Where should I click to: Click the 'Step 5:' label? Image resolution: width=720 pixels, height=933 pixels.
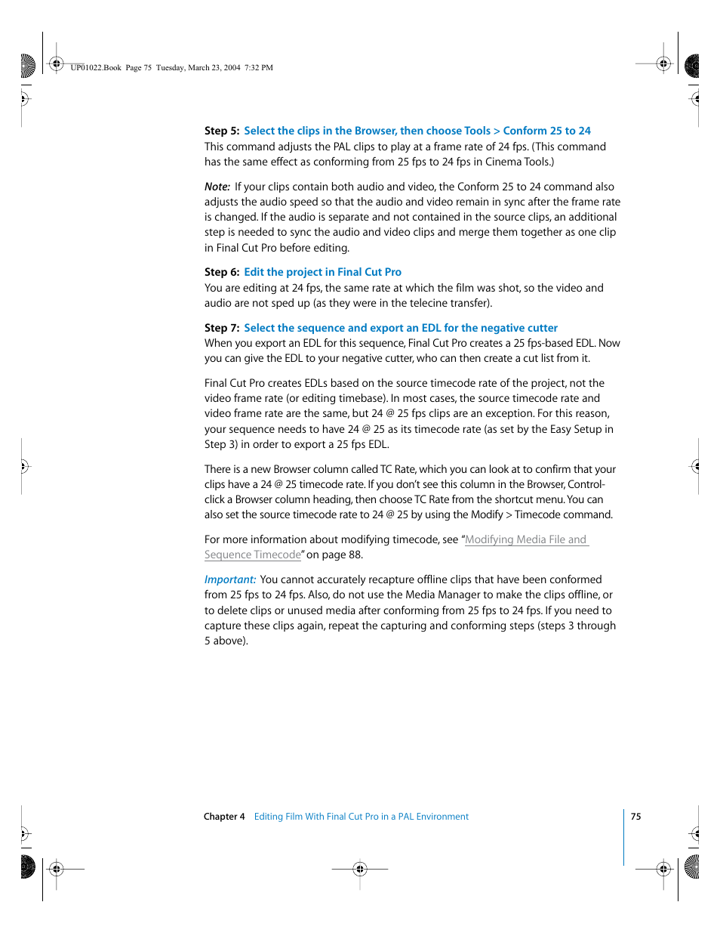(x=221, y=131)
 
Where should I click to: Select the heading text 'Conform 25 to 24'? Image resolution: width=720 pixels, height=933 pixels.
(x=546, y=131)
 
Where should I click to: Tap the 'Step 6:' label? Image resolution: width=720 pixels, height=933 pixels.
(x=221, y=272)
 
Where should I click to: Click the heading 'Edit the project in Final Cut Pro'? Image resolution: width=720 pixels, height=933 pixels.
(x=322, y=272)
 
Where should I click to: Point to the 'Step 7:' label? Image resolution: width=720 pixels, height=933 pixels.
(x=221, y=328)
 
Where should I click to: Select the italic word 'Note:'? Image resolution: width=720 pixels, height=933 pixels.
(x=217, y=187)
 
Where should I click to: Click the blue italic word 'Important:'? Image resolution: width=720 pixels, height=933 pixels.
(x=230, y=579)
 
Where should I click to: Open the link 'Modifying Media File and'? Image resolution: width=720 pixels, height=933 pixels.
(x=526, y=539)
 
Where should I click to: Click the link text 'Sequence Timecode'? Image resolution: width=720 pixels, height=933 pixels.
(x=252, y=555)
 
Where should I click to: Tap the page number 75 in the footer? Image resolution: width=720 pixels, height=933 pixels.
(x=635, y=817)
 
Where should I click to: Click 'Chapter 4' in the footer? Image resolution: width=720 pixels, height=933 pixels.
(x=224, y=817)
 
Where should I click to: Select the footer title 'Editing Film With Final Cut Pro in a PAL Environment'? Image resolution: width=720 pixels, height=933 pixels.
(x=361, y=817)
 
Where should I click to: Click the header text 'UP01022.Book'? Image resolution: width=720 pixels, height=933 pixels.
(x=96, y=68)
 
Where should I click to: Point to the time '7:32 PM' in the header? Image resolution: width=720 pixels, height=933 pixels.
(x=259, y=68)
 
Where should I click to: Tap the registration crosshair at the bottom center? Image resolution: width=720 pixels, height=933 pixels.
(x=360, y=869)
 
